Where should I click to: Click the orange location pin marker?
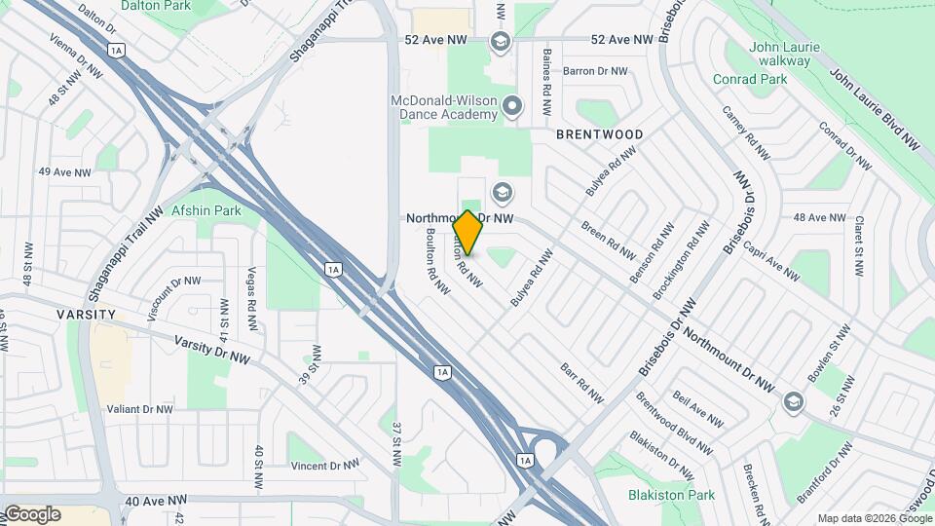[467, 232]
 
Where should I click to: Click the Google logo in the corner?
[31, 513]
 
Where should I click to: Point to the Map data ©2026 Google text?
[874, 518]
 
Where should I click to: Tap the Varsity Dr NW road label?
[211, 352]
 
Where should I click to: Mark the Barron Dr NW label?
[598, 71]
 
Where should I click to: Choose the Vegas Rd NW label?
[252, 291]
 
